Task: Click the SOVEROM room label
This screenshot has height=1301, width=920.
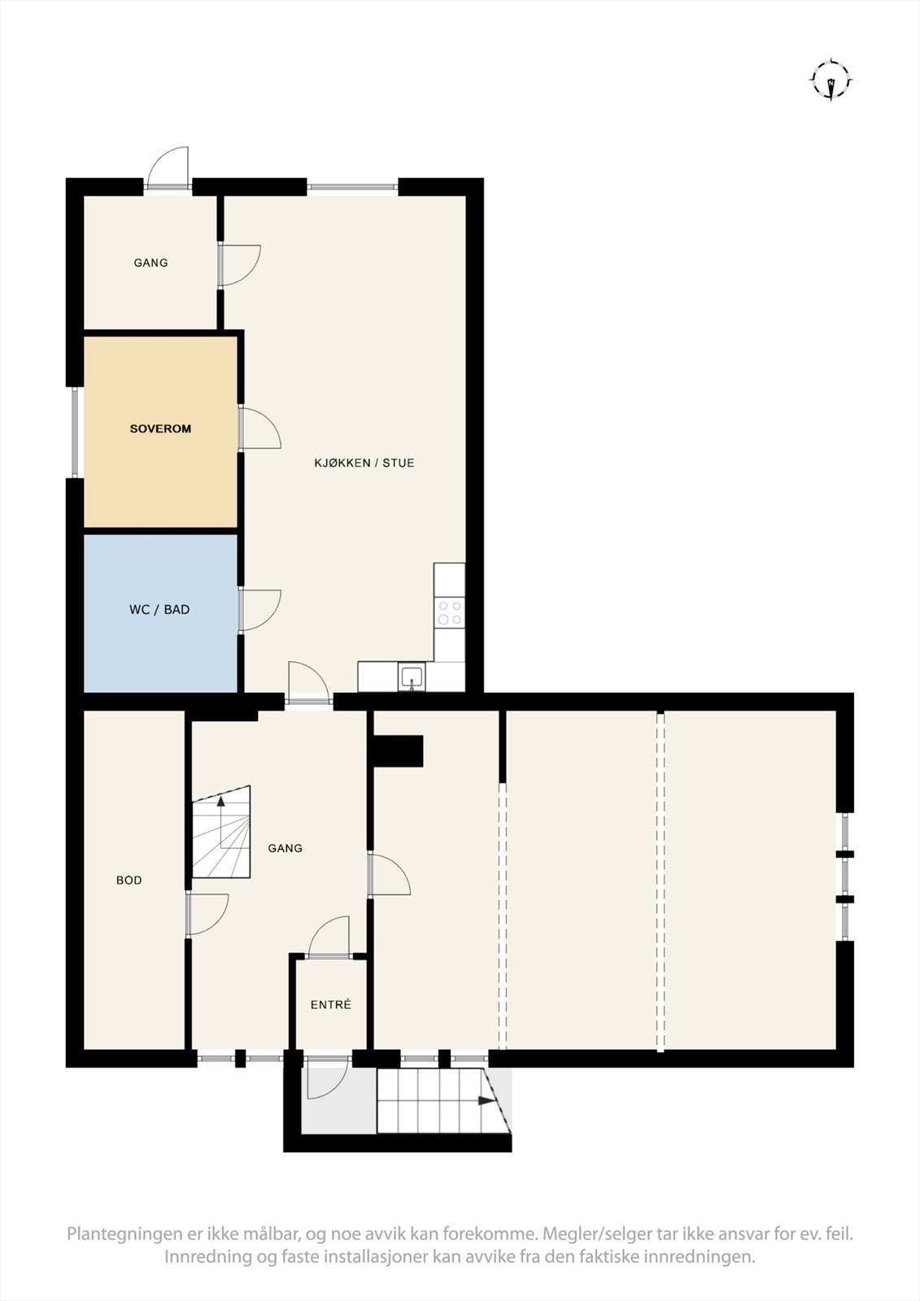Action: (160, 429)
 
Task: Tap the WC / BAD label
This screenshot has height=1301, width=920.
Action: (159, 609)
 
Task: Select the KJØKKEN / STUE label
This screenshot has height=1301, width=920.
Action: (364, 463)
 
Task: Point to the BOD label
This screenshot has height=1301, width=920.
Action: (129, 880)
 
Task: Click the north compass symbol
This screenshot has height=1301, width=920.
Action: (831, 80)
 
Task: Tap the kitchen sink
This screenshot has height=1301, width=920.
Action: (412, 677)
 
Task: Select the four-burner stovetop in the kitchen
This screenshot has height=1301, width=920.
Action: (450, 612)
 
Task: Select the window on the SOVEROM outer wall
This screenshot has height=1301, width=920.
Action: (74, 432)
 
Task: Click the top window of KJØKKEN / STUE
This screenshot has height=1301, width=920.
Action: (352, 187)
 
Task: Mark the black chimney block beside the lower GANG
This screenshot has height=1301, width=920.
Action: (398, 751)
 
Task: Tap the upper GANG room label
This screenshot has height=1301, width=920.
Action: (150, 263)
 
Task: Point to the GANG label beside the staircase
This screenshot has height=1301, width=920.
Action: (285, 848)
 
